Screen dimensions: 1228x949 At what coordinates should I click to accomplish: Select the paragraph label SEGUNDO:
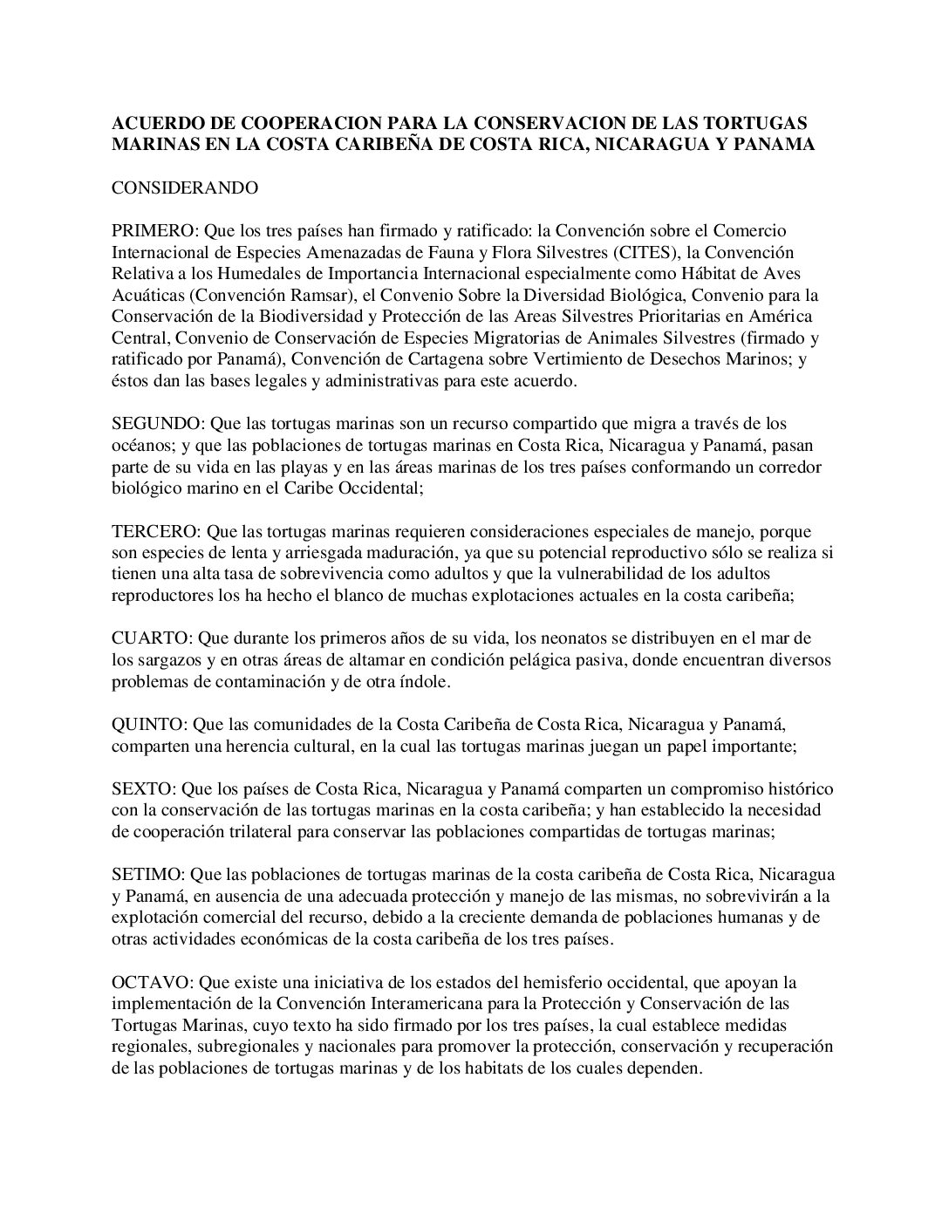pos(158,424)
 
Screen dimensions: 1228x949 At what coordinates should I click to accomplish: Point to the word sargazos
pos(167,660)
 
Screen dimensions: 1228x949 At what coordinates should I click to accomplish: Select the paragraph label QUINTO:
pos(150,724)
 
